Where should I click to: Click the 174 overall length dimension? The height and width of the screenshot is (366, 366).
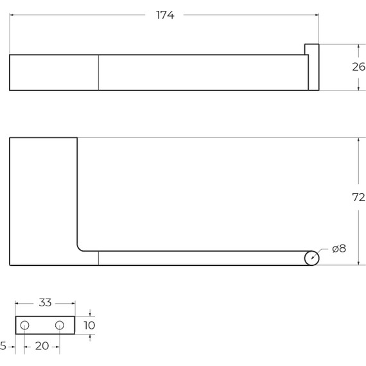pyautogui.click(x=165, y=15)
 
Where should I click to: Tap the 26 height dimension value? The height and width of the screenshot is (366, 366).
pyautogui.click(x=358, y=67)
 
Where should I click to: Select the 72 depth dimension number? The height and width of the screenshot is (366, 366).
pyautogui.click(x=358, y=198)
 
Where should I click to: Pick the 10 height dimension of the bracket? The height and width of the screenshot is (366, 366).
pyautogui.click(x=90, y=325)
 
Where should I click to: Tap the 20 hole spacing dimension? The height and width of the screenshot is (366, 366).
pyautogui.click(x=42, y=346)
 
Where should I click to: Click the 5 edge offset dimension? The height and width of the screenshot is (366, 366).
pyautogui.click(x=3, y=346)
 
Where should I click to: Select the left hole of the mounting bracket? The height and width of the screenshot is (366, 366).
pyautogui.click(x=24, y=325)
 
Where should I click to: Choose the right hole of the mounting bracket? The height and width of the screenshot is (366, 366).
pyautogui.click(x=60, y=325)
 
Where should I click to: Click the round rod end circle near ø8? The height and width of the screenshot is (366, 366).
pyautogui.click(x=311, y=258)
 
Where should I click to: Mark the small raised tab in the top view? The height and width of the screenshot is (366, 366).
pyautogui.click(x=312, y=65)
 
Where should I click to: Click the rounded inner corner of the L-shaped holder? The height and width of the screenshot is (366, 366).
pyautogui.click(x=80, y=247)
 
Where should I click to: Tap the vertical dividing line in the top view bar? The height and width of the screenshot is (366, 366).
pyautogui.click(x=98, y=73)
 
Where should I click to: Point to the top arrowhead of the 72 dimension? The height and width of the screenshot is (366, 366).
pyautogui.click(x=358, y=141)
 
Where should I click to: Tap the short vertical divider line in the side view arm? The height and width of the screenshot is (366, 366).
pyautogui.click(x=98, y=258)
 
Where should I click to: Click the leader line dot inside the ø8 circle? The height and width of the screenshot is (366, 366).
pyautogui.click(x=313, y=258)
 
